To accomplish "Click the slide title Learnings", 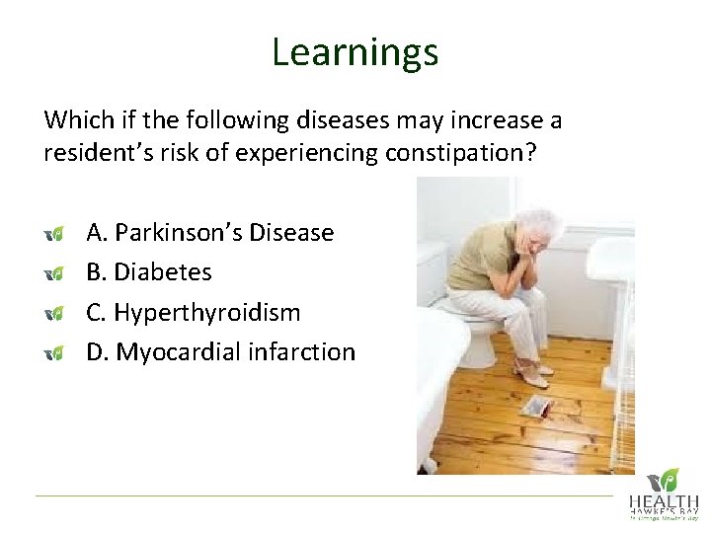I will [355, 52].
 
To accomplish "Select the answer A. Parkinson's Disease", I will [209, 233].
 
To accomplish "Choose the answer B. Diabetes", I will [149, 271].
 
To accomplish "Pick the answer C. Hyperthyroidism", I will [194, 312].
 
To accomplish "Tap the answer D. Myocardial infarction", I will [220, 351].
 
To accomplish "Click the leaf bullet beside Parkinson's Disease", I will [54, 234].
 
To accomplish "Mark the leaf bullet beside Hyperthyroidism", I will [54, 313].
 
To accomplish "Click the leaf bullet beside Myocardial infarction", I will [54, 352].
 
